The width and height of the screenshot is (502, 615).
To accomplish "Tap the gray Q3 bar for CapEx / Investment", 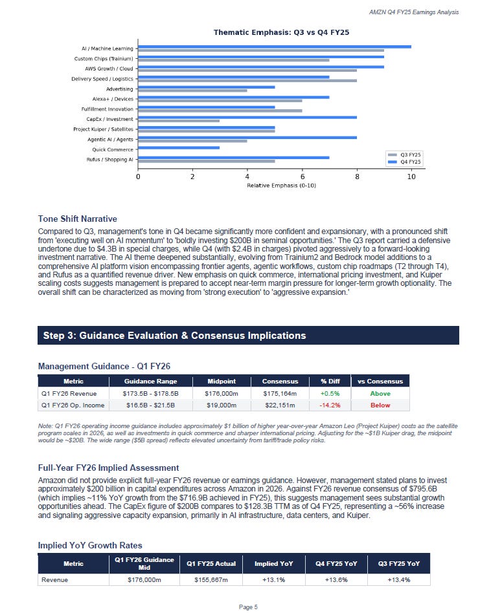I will (x=179, y=120).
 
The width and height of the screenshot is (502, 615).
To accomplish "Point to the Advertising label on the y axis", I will (x=120, y=89).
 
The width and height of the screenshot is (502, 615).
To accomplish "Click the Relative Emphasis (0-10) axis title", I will (x=275, y=186).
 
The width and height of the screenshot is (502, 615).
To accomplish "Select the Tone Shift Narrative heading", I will (x=77, y=219).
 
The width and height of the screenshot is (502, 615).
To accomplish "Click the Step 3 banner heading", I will (x=174, y=336).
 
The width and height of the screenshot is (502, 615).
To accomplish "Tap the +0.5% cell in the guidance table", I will (x=330, y=393).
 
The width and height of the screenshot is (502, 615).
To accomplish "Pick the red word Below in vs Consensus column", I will (x=380, y=405).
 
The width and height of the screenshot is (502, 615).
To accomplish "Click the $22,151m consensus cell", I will (x=280, y=405).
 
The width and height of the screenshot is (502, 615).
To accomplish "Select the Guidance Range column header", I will (x=150, y=381).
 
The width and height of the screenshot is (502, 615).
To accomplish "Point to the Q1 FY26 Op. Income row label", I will (x=71, y=405).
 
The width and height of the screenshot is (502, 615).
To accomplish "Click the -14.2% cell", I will (x=330, y=405).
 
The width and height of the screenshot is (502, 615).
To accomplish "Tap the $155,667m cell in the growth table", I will (x=213, y=580).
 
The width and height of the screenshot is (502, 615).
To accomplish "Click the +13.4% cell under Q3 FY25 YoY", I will (x=398, y=580).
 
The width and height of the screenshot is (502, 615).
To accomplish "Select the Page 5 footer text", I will (x=248, y=607).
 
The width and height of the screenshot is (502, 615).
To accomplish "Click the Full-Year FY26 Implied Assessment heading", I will (x=108, y=468).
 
